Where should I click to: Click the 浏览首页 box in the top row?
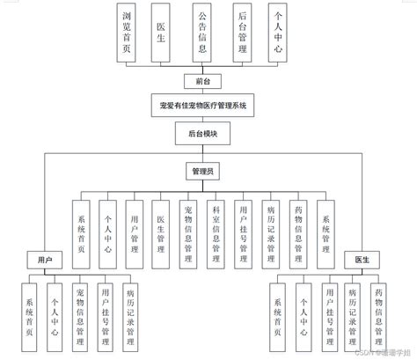pyautogui.click(x=128, y=32)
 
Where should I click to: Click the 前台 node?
pyautogui.click(x=204, y=81)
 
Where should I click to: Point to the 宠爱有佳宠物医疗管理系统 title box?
pyautogui.click(x=204, y=107)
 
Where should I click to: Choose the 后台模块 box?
pyautogui.click(x=204, y=134)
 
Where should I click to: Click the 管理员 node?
pyautogui.click(x=204, y=168)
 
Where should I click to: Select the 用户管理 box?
pyautogui.click(x=134, y=231)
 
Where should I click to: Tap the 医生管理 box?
pyautogui.click(x=161, y=231)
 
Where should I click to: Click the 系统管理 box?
pyautogui.click(x=325, y=231)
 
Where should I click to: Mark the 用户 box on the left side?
pyautogui.click(x=47, y=261)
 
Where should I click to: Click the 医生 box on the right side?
pyautogui.click(x=362, y=261)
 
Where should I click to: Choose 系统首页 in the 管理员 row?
pyautogui.click(x=80, y=231)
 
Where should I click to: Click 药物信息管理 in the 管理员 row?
pyautogui.click(x=297, y=231)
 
